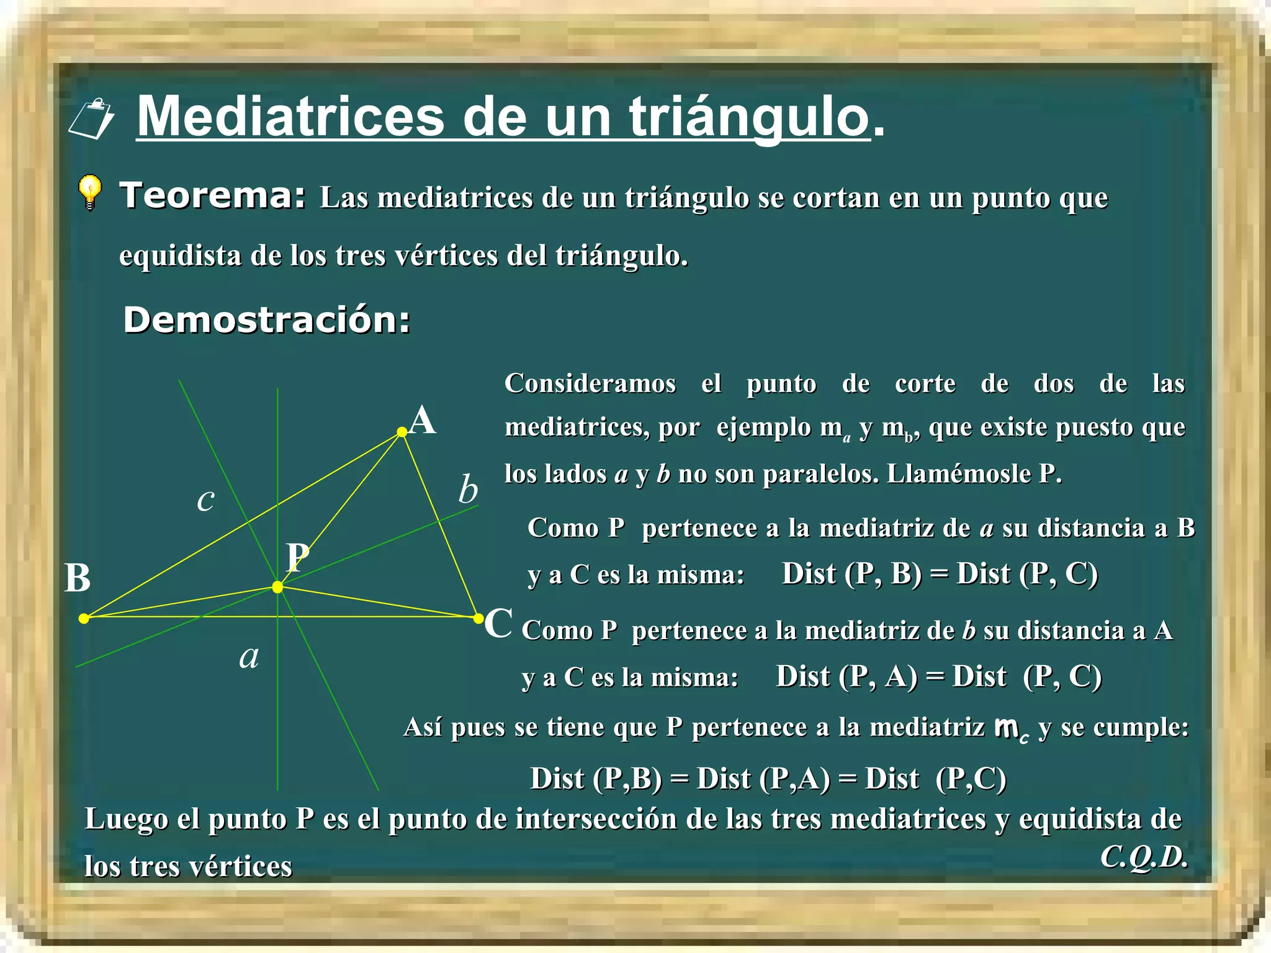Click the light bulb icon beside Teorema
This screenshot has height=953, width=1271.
pyautogui.click(x=90, y=192)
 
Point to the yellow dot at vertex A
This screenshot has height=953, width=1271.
pyautogui.click(x=402, y=432)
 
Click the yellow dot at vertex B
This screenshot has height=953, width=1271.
pyautogui.click(x=84, y=618)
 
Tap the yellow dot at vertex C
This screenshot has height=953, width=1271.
pyautogui.click(x=478, y=618)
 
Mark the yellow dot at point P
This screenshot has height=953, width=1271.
pyautogui.click(x=277, y=587)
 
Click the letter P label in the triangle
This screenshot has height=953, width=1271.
pyautogui.click(x=298, y=557)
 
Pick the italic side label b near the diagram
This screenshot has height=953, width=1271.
pyautogui.click(x=468, y=490)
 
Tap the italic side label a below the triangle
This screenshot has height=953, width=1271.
pyautogui.click(x=249, y=656)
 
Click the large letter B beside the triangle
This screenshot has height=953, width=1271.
pyautogui.click(x=78, y=578)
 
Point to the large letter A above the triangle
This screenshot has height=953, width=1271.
pyautogui.click(x=423, y=421)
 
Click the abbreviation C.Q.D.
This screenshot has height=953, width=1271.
pyautogui.click(x=1143, y=857)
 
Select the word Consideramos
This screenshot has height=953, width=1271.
pyautogui.click(x=590, y=383)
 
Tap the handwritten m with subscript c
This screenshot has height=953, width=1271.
pyautogui.click(x=1011, y=728)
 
